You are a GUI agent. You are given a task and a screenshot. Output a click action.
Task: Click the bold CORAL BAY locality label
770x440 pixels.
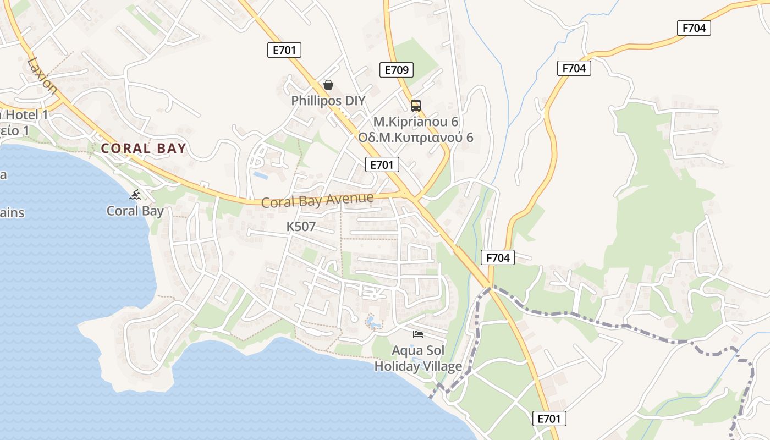(144, 148)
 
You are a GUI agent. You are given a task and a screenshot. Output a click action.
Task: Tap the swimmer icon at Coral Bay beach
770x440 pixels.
(135, 194)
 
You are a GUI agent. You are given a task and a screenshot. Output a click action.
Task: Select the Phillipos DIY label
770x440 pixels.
(328, 101)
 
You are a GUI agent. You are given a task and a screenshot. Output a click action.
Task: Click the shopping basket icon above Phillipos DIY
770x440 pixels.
(328, 85)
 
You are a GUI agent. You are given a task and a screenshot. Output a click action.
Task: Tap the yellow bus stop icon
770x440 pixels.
(416, 105)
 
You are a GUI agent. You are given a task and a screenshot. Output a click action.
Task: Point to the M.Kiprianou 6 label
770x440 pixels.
(415, 122)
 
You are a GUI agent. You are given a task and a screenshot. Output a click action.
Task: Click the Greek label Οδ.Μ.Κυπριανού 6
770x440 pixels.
(415, 137)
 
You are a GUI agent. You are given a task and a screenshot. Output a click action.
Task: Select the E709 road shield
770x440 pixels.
(396, 70)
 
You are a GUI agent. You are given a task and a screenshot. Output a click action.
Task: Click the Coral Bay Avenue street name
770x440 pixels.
(317, 200)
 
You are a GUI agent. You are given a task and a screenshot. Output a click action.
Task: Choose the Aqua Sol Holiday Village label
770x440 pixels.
(417, 358)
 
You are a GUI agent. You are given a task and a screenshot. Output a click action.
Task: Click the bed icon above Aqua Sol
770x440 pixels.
(418, 334)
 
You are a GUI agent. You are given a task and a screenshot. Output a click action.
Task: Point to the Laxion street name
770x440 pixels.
(42, 74)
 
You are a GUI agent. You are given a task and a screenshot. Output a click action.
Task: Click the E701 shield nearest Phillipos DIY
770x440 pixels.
(285, 50)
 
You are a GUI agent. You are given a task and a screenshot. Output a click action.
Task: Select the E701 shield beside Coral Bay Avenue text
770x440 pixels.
(382, 164)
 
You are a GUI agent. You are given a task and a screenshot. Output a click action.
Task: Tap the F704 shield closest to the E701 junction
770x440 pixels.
(497, 257)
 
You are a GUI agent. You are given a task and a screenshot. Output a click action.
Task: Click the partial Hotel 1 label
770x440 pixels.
(25, 115)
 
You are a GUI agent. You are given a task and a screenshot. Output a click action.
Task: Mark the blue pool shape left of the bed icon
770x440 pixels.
(373, 323)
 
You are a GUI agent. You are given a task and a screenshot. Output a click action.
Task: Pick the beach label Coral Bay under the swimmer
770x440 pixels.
(135, 211)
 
